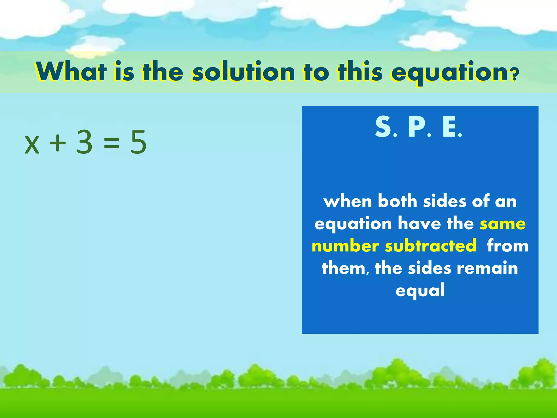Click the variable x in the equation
[x=32, y=145]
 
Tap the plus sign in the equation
[x=57, y=143]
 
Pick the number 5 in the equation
[x=138, y=142]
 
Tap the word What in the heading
[x=71, y=71]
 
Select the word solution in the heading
[x=243, y=71]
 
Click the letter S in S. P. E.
[x=383, y=127]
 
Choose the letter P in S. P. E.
[x=417, y=127]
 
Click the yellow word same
[x=503, y=224]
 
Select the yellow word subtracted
[x=431, y=246]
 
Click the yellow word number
[x=345, y=246]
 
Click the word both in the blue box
[x=397, y=201]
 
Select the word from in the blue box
[x=508, y=246]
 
